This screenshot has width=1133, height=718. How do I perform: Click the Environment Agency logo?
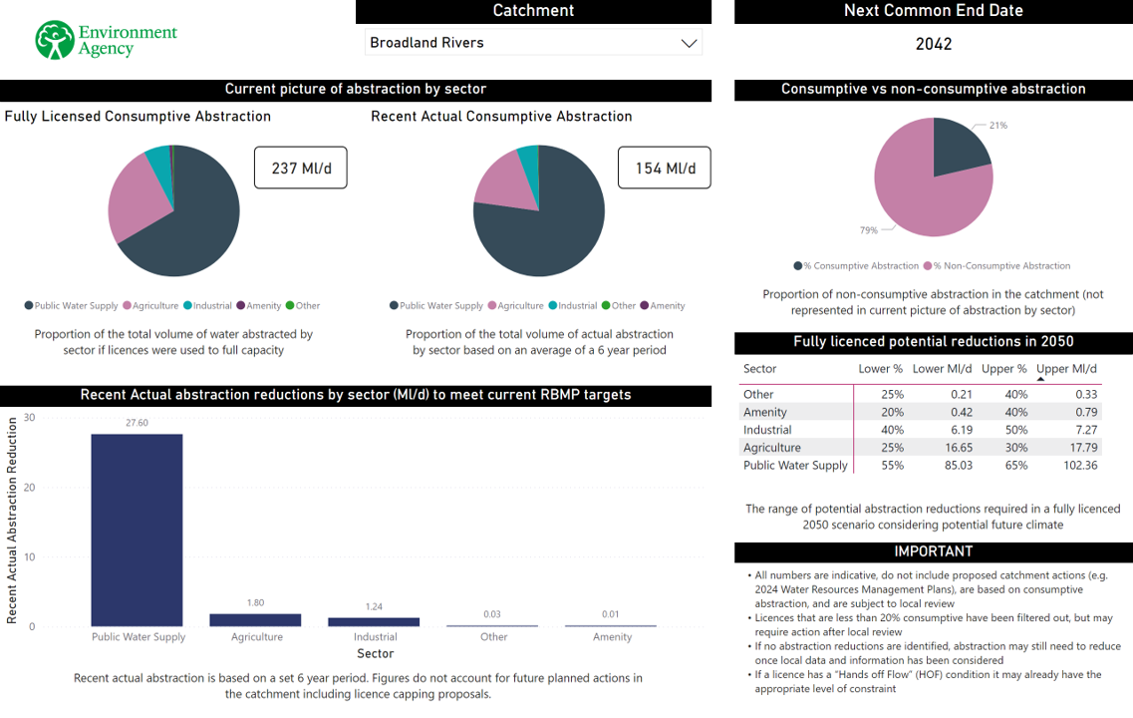[x=106, y=40]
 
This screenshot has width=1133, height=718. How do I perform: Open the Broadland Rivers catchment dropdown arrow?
[x=688, y=43]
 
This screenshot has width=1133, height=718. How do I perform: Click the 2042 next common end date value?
[x=934, y=44]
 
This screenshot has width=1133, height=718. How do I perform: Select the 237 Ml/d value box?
[x=300, y=169]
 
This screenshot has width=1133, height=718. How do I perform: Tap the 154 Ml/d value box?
[x=665, y=169]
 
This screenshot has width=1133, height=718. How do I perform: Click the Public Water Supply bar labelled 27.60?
[x=138, y=530]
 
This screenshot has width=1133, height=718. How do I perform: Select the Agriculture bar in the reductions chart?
[x=255, y=619]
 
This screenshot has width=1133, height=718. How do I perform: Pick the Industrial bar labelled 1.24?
[x=375, y=621]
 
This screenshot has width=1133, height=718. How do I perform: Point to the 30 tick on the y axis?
[x=29, y=418]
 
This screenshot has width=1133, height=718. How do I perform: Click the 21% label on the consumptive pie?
[x=998, y=126]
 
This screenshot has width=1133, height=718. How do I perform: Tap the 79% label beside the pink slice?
[x=869, y=230]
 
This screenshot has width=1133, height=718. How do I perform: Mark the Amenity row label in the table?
[x=765, y=412]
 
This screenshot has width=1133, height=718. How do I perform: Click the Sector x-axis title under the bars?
[x=376, y=653]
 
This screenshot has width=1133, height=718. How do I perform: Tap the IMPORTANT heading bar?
[x=934, y=551]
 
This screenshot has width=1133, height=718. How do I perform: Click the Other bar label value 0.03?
[x=492, y=614]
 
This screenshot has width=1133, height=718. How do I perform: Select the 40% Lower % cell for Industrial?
[x=892, y=430]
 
